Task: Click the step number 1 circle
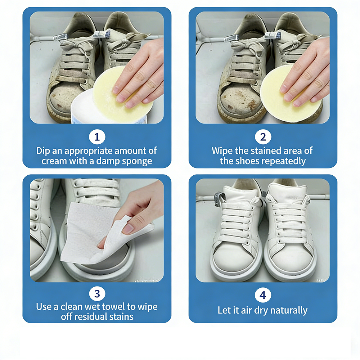click(97, 137)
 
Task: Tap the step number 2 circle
click(263, 137)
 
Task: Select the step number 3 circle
click(97, 294)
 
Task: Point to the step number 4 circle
click(263, 295)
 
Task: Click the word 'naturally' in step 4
click(289, 311)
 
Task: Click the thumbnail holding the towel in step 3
click(129, 229)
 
